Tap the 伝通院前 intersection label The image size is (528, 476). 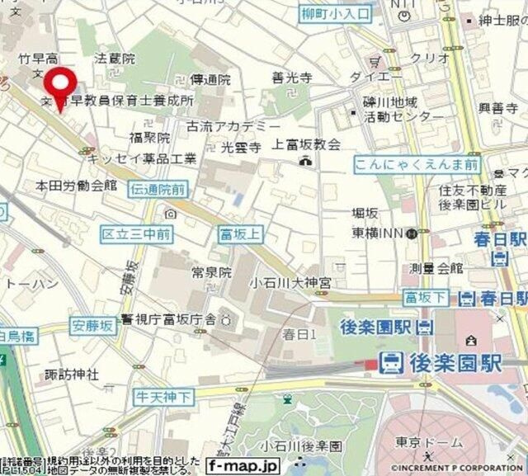coord(158,190)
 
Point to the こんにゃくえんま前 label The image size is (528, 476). coord(417,165)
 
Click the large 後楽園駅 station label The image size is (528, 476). coord(453,361)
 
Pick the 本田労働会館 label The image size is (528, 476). coord(77,186)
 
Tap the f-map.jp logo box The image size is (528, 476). coord(240,466)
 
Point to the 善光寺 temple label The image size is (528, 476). coord(291,78)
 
